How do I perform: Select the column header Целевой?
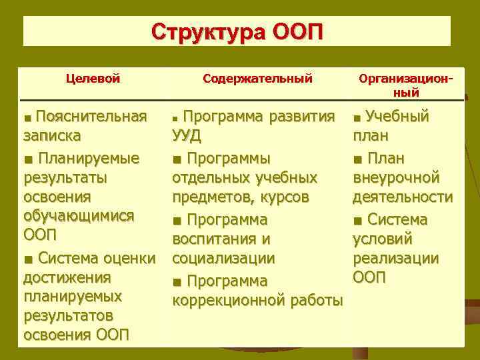(93, 79)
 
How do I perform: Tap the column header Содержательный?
(257, 79)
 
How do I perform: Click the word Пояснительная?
(91, 117)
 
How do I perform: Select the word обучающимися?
(79, 216)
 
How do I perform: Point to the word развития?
(306, 117)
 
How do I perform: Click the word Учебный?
(398, 117)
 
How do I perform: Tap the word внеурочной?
(396, 178)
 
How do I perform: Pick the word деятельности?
(403, 197)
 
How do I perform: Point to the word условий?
(382, 239)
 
